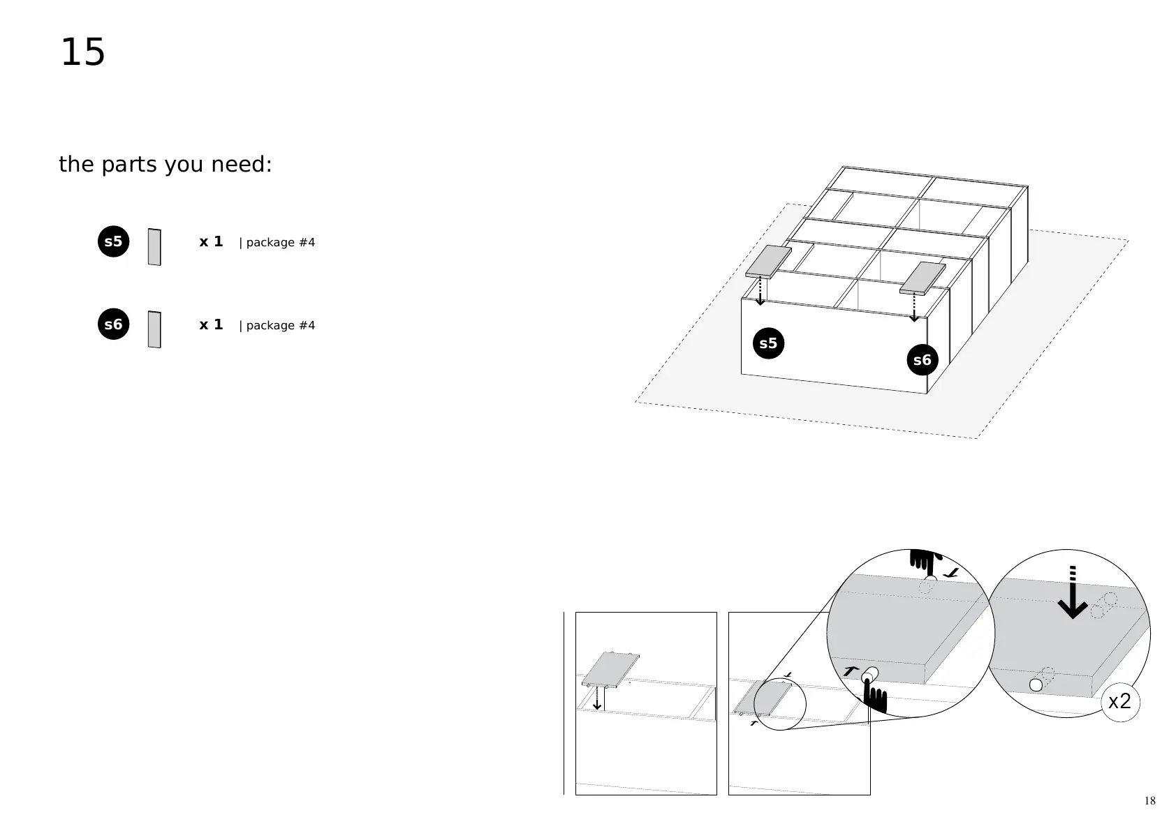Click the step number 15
(82, 53)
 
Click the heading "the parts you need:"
(165, 165)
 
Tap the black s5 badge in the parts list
(113, 242)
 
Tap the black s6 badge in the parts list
(113, 324)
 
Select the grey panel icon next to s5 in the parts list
(154, 247)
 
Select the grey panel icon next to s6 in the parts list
(154, 329)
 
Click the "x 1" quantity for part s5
(211, 241)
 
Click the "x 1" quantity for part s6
(211, 324)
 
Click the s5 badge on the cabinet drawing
(768, 343)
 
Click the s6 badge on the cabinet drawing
(923, 360)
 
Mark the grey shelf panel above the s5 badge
(768, 261)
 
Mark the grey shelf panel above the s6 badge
(922, 278)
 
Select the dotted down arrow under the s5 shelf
(760, 291)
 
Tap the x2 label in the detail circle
(1119, 701)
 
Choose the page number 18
(1149, 800)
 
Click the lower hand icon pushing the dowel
(875, 698)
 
